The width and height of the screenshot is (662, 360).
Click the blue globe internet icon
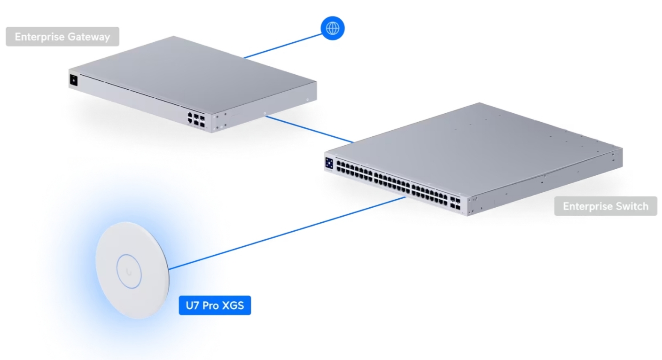(x=333, y=28)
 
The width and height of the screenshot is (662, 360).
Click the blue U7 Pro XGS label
(x=215, y=305)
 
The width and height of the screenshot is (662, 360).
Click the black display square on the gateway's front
(x=74, y=80)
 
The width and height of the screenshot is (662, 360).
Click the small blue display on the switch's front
(x=329, y=163)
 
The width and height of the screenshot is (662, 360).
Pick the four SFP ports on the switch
(x=456, y=203)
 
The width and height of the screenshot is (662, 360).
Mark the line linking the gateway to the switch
(x=310, y=129)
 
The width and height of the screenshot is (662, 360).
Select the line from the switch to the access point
(x=287, y=233)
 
